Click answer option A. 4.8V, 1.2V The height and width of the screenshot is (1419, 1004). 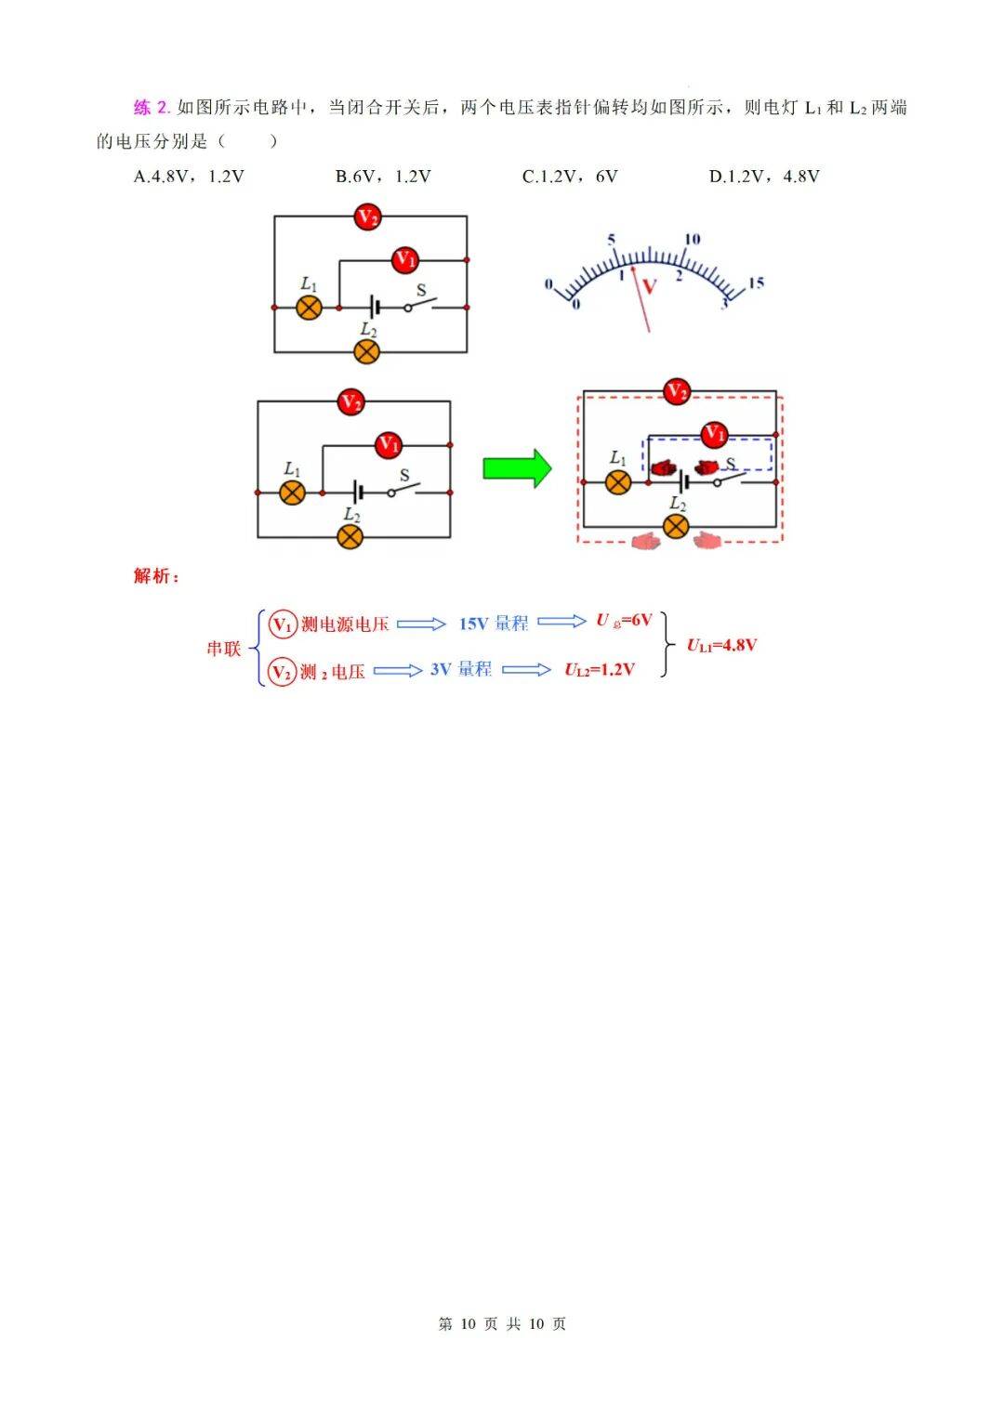[x=189, y=177]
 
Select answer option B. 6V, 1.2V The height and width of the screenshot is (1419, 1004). [x=383, y=177]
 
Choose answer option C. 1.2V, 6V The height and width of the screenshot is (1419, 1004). [x=570, y=177]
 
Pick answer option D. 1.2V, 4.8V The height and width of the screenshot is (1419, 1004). [x=764, y=177]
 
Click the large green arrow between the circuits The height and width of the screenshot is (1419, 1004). [x=517, y=467]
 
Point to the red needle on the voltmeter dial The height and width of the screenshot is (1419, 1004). [x=641, y=297]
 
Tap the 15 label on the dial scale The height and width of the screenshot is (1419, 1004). [x=756, y=282]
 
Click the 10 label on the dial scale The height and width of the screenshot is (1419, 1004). [x=692, y=240]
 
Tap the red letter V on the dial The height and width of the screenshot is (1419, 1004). [x=650, y=286]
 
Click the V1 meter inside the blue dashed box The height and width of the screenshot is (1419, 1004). [x=713, y=433]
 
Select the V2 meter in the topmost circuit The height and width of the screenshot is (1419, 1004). [x=368, y=218]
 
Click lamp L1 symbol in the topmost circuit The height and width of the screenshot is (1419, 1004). [x=309, y=308]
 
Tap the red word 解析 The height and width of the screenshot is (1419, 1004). [x=155, y=576]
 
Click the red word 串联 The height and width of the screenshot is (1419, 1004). [x=223, y=649]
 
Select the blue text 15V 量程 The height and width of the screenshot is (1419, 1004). [x=493, y=624]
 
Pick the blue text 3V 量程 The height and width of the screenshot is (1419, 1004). [x=461, y=669]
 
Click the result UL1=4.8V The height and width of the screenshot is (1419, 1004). [x=721, y=645]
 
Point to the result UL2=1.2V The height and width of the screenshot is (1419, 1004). [x=600, y=670]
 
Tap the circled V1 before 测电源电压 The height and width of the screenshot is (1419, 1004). [x=282, y=624]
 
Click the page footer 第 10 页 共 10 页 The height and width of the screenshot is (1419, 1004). [x=502, y=1323]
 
